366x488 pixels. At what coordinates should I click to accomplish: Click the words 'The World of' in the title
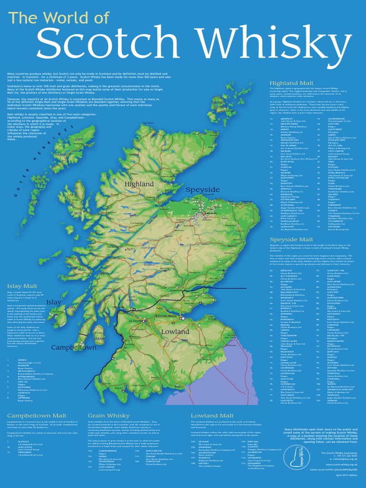(59, 18)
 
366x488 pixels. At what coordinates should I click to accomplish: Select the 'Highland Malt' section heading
(291, 83)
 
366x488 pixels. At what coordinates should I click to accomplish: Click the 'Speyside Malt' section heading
(291, 239)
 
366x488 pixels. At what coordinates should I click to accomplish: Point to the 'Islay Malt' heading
(22, 286)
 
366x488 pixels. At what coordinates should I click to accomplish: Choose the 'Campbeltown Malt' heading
(37, 416)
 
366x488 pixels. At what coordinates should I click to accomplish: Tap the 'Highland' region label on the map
(139, 184)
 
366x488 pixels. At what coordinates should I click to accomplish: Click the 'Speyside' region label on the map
(203, 190)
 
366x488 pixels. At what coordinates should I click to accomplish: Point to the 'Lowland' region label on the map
(175, 331)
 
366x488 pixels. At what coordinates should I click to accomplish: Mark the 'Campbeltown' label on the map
(74, 347)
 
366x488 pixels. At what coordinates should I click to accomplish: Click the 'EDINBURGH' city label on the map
(166, 316)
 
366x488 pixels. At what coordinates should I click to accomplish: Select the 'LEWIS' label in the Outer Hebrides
(78, 140)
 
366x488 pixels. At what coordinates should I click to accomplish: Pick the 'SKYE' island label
(78, 214)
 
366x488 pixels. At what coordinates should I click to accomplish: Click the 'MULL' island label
(82, 270)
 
